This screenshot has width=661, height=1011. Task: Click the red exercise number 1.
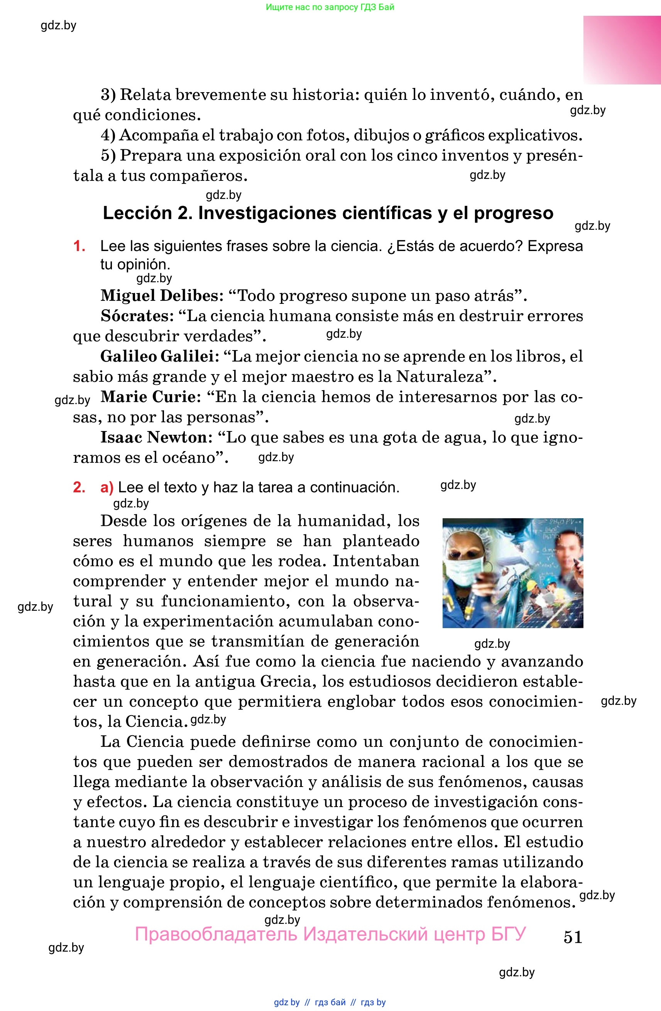pyautogui.click(x=79, y=246)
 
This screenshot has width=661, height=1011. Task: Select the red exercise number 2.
pyautogui.click(x=79, y=487)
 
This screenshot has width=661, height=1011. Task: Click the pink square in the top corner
pyautogui.click(x=622, y=50)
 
